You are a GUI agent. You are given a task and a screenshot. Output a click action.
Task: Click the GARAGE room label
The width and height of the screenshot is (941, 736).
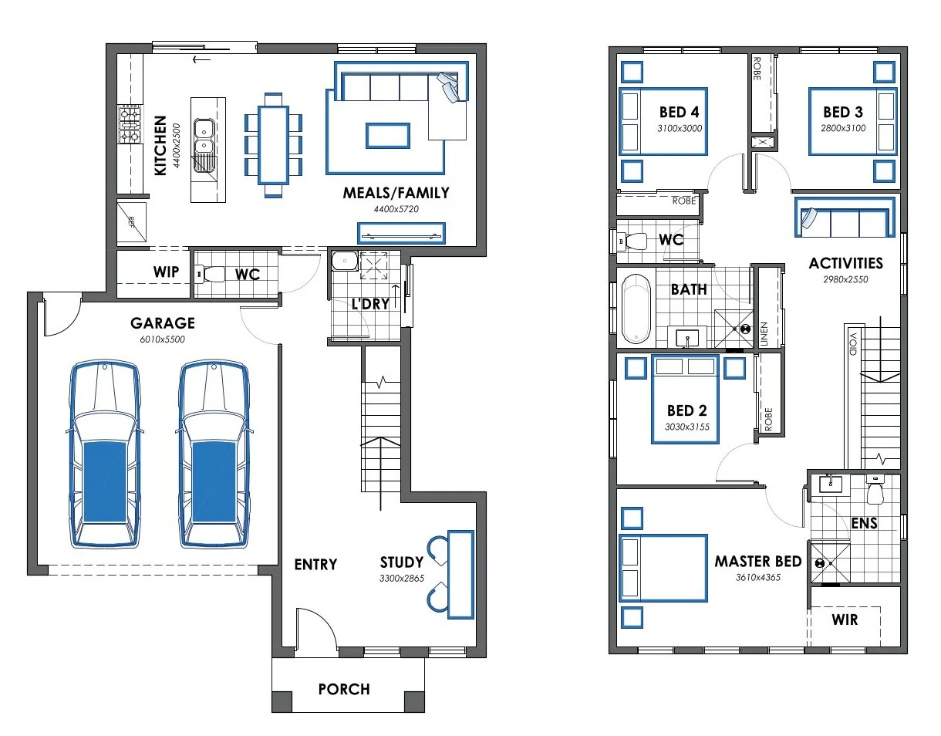pyautogui.click(x=163, y=323)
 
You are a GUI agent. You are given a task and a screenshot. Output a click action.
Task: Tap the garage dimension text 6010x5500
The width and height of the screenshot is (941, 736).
pyautogui.click(x=163, y=339)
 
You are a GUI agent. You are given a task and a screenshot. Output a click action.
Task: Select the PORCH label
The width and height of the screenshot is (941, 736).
pyautogui.click(x=344, y=689)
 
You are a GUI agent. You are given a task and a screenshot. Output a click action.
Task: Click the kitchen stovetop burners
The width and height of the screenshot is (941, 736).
pyautogui.click(x=130, y=124)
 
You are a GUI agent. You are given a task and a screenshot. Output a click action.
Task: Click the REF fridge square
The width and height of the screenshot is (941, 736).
pyautogui.click(x=132, y=222)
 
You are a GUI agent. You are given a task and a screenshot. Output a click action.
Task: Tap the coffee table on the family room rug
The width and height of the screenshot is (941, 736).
pyautogui.click(x=387, y=136)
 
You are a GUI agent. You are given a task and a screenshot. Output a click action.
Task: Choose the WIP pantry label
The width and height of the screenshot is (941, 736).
pyautogui.click(x=166, y=272)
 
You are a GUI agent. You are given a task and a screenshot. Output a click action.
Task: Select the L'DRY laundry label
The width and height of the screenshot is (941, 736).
pyautogui.click(x=370, y=304)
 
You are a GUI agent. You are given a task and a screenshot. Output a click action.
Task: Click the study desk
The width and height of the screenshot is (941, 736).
pyautogui.click(x=460, y=575)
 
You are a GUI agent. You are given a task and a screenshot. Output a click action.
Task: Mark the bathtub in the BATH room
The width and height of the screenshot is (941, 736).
pyautogui.click(x=636, y=309)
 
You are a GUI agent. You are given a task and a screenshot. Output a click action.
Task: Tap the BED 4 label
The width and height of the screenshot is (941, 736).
pyautogui.click(x=680, y=112)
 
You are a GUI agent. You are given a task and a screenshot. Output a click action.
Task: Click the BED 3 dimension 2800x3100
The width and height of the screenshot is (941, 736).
pyautogui.click(x=843, y=128)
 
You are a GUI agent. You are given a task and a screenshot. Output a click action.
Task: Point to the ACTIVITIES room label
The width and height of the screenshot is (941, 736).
pyautogui.click(x=845, y=263)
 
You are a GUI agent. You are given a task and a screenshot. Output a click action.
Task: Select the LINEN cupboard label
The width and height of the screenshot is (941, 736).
pyautogui.click(x=764, y=334)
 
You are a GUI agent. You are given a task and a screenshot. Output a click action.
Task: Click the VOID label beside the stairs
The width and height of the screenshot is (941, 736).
pyautogui.click(x=853, y=344)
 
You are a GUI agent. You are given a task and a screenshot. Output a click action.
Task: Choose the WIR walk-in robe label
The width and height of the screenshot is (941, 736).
pyautogui.click(x=845, y=620)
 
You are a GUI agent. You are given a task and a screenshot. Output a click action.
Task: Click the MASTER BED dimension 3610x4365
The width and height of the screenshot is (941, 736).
pyautogui.click(x=758, y=578)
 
